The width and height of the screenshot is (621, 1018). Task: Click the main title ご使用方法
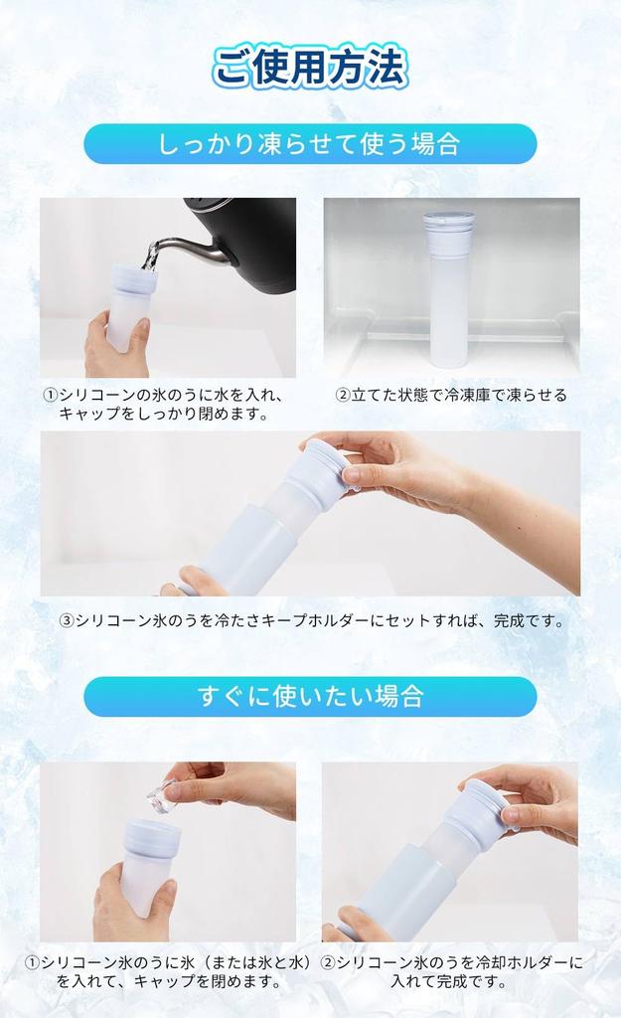point(310,68)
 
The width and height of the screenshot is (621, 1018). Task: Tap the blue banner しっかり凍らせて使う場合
point(310,143)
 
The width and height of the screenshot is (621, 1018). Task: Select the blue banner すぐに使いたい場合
point(310,696)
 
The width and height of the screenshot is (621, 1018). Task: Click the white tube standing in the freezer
point(448,298)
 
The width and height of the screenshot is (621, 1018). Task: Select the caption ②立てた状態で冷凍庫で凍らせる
point(451,395)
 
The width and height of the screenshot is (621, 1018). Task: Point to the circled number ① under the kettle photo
point(50,395)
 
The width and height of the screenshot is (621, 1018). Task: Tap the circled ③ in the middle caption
point(67,621)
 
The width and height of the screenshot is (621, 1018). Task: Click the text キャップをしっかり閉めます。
point(164,414)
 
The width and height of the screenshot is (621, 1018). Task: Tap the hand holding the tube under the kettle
point(111,343)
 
